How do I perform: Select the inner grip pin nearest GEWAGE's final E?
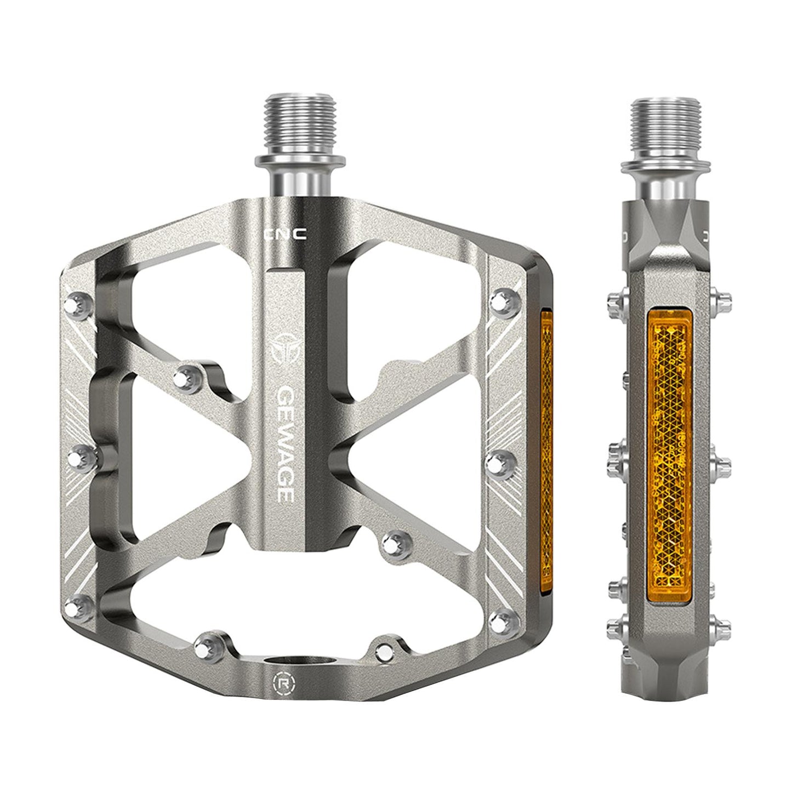[390, 544]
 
